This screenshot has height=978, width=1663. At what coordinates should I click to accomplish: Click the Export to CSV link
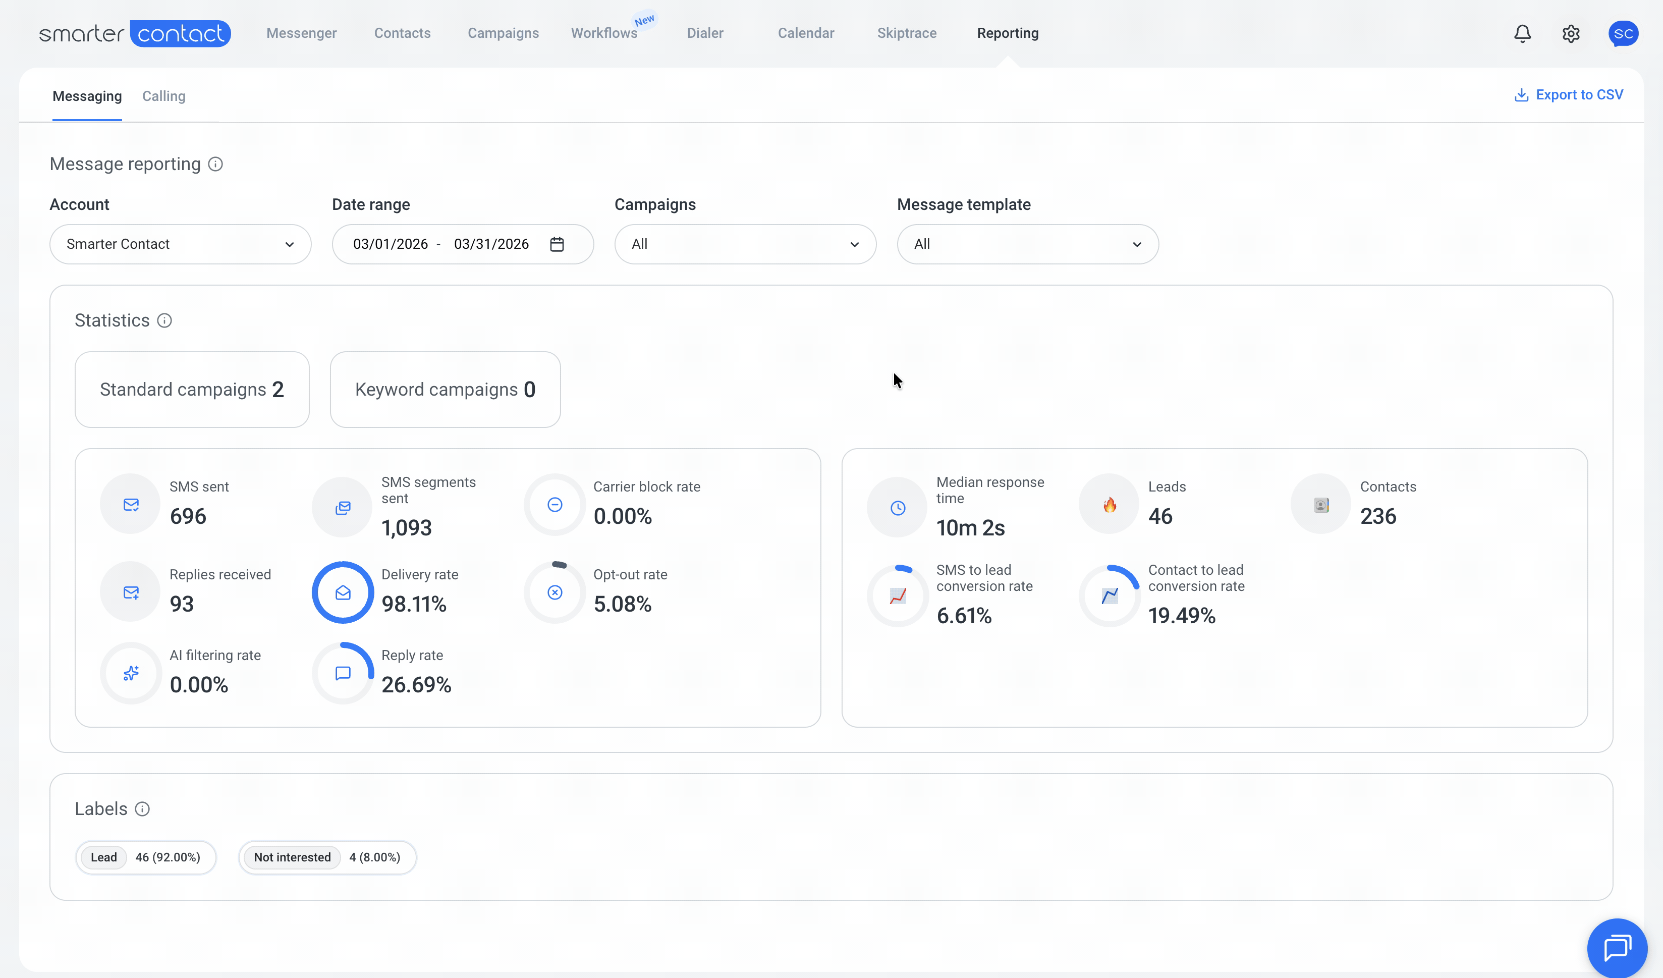coord(1569,95)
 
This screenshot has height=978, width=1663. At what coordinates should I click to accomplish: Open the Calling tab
coord(163,96)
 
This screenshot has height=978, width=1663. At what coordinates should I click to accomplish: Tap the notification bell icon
coord(1522,34)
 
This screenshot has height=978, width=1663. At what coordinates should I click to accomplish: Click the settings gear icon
coord(1571,34)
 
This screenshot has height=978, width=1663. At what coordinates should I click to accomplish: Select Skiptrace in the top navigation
coord(907,33)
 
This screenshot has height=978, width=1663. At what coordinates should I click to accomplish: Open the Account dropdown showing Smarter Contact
coord(180,244)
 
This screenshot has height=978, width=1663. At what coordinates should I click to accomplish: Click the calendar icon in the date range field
coord(557,244)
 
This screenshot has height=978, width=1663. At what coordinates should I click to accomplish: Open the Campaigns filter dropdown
coord(745,244)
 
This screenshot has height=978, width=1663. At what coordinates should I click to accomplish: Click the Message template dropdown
coord(1027,244)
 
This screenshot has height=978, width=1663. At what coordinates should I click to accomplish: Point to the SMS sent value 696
coord(188,516)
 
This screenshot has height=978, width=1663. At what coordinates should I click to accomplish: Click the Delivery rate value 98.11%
coord(414,604)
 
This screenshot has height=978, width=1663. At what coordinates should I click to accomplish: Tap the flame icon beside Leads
coord(1110,505)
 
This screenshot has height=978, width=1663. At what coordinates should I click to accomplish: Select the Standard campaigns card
coord(192,390)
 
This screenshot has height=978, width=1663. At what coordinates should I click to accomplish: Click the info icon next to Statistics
coord(164,321)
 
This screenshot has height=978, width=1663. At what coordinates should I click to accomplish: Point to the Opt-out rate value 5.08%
coord(622,604)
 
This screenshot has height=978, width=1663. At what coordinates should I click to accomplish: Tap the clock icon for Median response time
coord(898,508)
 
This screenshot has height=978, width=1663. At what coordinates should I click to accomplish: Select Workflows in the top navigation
coord(604,33)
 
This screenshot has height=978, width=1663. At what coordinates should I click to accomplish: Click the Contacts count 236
coord(1378,516)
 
